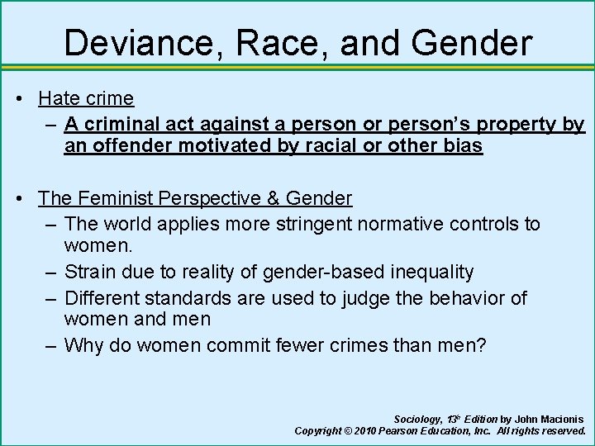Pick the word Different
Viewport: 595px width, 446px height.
pyautogui.click(x=102, y=297)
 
